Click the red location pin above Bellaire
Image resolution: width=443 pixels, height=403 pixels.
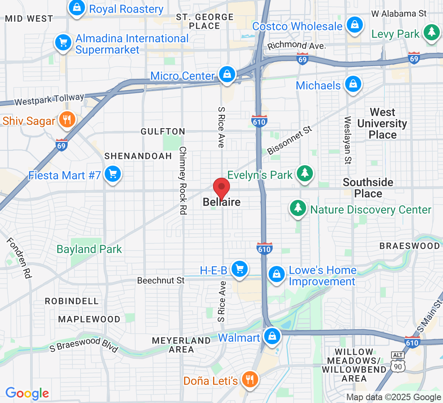click(221, 188)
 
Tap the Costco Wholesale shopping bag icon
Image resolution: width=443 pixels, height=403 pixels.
click(354, 24)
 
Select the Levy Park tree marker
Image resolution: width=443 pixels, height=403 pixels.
click(431, 32)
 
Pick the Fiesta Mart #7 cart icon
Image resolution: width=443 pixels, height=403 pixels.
click(112, 174)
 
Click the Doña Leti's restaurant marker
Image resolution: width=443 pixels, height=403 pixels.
click(250, 379)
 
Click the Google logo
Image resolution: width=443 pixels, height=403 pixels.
click(27, 393)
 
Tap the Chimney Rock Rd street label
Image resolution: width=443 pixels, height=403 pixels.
click(183, 180)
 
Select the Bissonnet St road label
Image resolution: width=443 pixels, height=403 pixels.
click(290, 140)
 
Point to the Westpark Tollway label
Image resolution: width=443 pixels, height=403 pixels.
click(50, 99)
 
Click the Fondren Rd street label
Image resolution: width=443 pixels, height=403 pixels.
click(19, 258)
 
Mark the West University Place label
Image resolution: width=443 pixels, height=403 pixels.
click(382, 123)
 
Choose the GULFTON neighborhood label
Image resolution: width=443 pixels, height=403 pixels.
click(163, 132)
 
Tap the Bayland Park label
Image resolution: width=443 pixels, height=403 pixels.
click(89, 249)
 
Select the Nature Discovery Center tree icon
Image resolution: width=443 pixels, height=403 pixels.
click(298, 208)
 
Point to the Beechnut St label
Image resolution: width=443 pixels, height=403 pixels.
click(161, 280)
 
